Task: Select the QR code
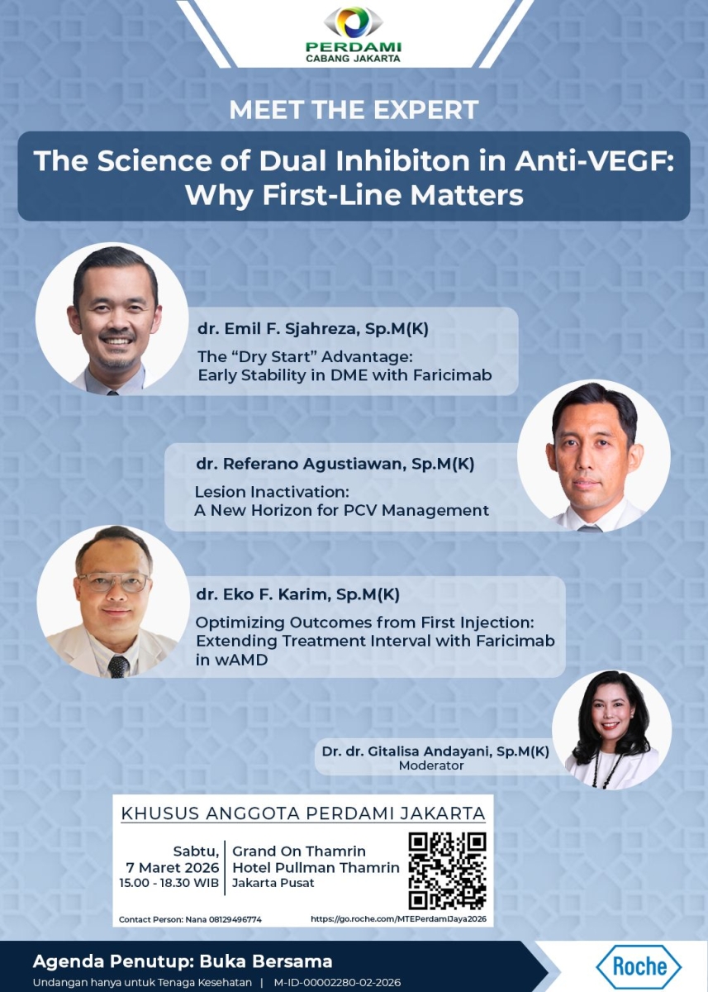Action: tap(447, 870)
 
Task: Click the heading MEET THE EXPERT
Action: tap(354, 109)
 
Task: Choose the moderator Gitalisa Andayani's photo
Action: tap(612, 729)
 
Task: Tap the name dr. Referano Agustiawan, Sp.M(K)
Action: tap(335, 464)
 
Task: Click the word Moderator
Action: tap(431, 765)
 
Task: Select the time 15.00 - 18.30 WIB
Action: tap(169, 883)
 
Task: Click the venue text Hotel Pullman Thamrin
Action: tap(316, 867)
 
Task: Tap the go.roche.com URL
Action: tap(399, 918)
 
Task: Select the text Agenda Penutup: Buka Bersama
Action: tap(183, 961)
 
